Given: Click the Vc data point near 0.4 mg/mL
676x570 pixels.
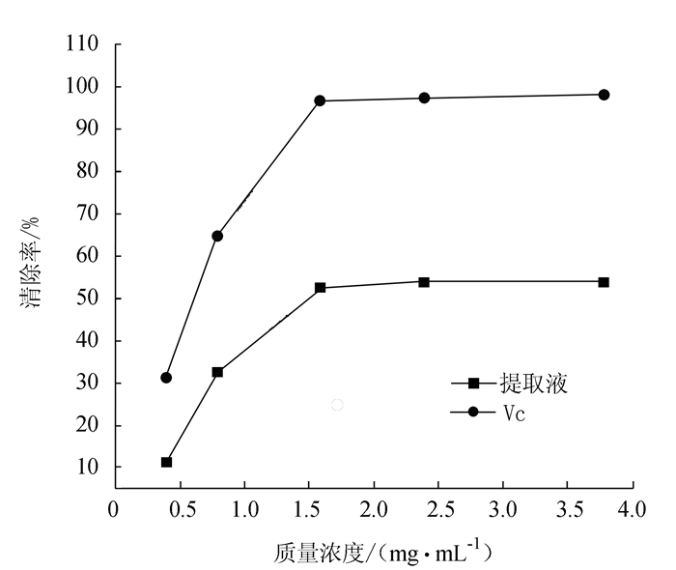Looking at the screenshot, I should coord(166,378).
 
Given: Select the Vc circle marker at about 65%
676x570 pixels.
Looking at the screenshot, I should coord(217,236).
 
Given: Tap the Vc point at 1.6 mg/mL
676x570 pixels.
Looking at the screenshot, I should coord(320,100).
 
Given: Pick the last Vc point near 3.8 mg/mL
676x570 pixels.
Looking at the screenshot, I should coord(604,95).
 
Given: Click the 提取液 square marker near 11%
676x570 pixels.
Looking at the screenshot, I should coord(166,462).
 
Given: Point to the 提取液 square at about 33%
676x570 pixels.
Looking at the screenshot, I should coord(217,372).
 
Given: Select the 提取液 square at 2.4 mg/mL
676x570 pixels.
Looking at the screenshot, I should coord(424,281).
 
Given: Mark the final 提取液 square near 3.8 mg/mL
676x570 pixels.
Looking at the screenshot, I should coord(604,281).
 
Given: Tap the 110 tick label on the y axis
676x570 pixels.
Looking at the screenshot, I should coord(83,44).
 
